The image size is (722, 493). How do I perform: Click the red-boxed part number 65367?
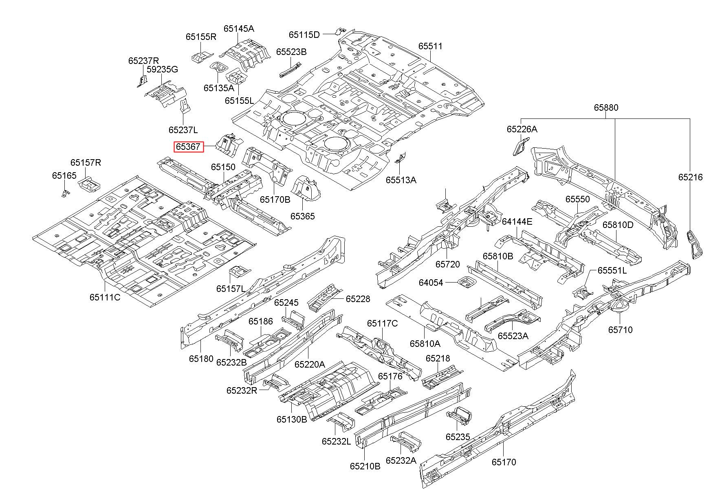coord(189,147)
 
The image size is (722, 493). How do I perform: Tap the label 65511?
coord(430,46)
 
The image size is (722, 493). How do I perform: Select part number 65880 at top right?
coord(606,107)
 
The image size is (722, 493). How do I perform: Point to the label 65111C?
coord(105,297)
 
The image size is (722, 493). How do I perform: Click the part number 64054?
coord(431,283)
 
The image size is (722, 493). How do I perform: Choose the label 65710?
coord(621,330)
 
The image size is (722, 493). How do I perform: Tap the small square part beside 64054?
coord(466,282)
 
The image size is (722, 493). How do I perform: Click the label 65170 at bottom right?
coord(504,462)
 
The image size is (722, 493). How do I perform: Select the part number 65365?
coord(302,216)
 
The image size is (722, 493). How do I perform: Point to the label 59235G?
coord(162,69)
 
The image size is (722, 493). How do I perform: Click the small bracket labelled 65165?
coord(65,193)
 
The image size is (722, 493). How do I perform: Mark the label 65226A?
coord(522,129)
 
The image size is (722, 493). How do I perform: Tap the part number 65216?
coord(690,177)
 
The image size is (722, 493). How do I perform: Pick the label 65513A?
coord(401,180)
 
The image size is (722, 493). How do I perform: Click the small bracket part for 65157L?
coord(239,272)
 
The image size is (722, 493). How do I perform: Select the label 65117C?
coord(382,323)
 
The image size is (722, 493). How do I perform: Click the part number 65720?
coord(447,264)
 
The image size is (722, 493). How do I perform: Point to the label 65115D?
coord(304,35)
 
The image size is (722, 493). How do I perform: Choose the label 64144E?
coord(517,222)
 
